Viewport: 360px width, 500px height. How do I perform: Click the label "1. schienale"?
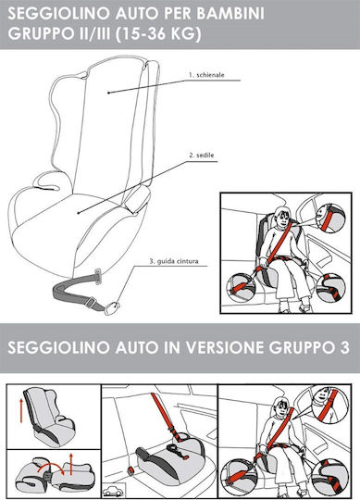206,75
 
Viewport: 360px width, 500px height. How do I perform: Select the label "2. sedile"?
202,156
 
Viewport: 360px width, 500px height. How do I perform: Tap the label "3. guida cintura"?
174,261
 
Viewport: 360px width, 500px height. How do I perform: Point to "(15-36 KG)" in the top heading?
158,34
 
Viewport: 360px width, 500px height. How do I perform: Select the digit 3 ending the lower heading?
344,347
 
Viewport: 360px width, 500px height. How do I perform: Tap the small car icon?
114,490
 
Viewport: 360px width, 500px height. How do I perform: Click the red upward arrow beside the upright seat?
21,410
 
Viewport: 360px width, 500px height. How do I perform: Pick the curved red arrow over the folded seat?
50,465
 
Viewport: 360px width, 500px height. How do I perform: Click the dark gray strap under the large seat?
75,292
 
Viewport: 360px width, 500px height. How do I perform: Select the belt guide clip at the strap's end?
111,308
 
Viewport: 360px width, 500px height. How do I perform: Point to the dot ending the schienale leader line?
108,93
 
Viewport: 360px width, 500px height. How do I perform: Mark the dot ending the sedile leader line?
79,212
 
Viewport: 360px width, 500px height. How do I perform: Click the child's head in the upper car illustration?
281,217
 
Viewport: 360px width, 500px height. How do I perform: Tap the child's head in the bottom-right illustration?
279,407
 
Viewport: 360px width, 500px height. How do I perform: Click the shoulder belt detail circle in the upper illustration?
330,218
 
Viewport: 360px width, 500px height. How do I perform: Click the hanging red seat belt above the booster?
166,416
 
